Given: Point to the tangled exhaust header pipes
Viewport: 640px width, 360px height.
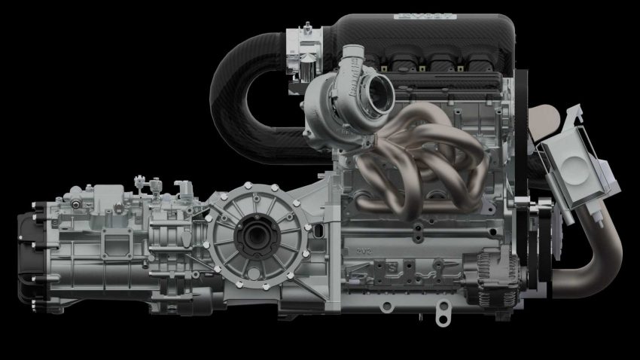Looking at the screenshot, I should pyautogui.click(x=422, y=151).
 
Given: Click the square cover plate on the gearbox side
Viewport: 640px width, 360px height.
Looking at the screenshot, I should pyautogui.click(x=106, y=244).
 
